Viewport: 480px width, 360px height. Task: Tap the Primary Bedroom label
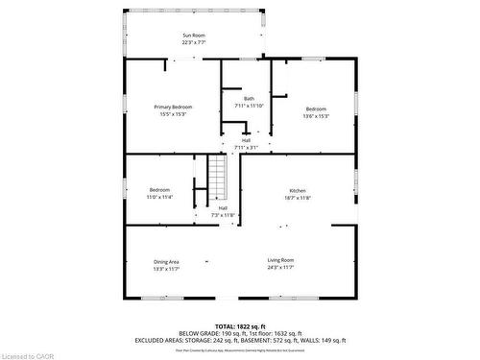[x=176, y=107]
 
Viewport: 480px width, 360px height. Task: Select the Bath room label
[x=249, y=99]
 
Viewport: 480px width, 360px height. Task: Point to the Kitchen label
[x=299, y=191]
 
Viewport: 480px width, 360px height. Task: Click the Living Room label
[x=280, y=260]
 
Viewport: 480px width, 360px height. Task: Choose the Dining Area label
[x=167, y=261]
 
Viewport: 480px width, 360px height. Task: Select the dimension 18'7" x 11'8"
[x=299, y=199]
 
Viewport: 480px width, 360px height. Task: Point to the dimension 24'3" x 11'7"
[x=280, y=268]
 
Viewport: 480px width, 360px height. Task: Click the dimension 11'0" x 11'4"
[x=160, y=197]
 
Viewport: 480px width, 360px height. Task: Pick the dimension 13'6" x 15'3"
[x=317, y=116]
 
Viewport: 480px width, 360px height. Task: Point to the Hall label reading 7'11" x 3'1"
[x=247, y=143]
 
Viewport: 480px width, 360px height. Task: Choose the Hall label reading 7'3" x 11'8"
[x=223, y=211]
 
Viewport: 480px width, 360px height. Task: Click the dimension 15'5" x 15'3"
[x=176, y=114]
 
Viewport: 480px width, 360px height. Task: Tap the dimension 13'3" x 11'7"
[x=167, y=269]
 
